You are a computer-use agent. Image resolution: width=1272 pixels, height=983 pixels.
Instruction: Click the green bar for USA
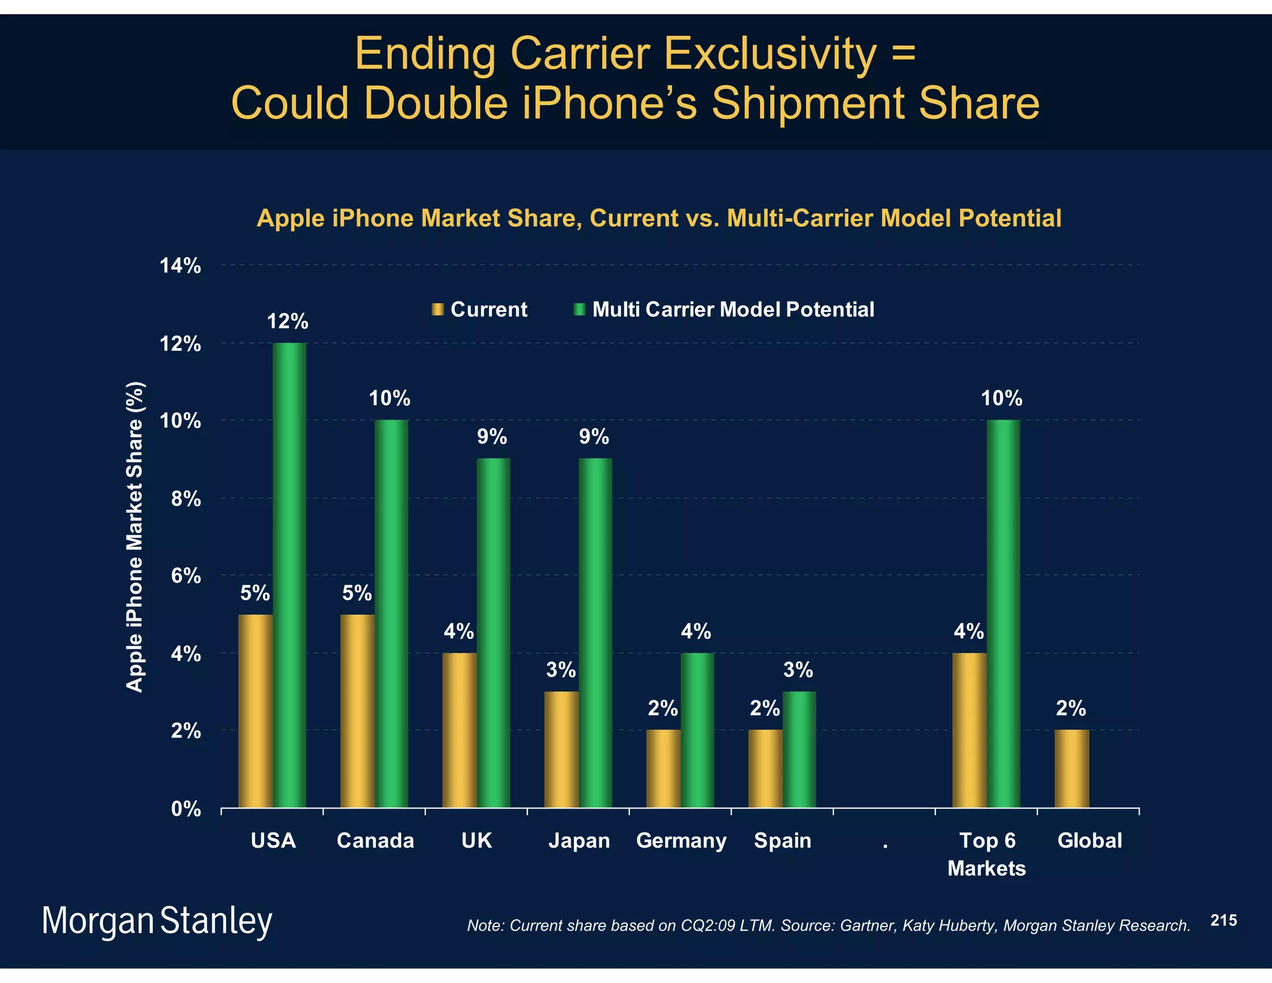click(x=289, y=575)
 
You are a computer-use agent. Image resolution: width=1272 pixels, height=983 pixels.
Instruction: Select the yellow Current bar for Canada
click(x=357, y=711)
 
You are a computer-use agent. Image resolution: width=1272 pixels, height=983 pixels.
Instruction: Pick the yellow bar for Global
click(x=1071, y=769)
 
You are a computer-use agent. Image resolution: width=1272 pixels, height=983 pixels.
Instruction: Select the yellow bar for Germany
click(x=663, y=769)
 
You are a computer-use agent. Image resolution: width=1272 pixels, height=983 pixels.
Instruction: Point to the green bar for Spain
click(x=799, y=749)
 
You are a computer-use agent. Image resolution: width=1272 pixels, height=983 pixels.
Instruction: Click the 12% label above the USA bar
click(x=288, y=321)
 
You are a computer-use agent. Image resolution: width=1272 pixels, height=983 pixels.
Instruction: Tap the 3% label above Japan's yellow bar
click(x=561, y=670)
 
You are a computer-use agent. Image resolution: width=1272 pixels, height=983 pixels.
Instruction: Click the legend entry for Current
click(x=480, y=309)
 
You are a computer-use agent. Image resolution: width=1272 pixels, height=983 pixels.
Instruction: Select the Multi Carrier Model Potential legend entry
click(x=724, y=309)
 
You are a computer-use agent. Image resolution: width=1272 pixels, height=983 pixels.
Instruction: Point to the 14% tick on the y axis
click(x=180, y=266)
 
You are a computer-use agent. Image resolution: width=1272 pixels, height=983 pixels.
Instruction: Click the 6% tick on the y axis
click(x=186, y=576)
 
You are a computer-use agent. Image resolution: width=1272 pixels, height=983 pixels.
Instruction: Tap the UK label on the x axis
click(x=476, y=841)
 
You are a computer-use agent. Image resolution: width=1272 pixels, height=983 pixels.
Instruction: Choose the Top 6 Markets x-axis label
click(x=986, y=854)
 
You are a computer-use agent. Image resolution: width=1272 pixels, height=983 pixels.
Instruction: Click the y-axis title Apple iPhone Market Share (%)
click(x=135, y=536)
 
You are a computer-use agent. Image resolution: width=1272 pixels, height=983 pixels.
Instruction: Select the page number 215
click(x=1224, y=920)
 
